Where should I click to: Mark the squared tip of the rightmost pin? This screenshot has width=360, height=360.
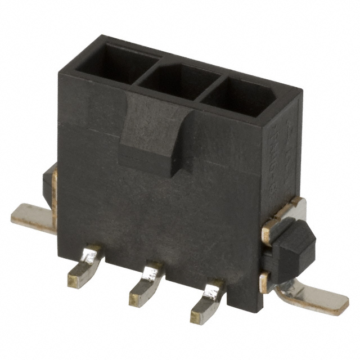coord(198,315)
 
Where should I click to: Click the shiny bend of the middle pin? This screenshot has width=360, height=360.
coord(152,273)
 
